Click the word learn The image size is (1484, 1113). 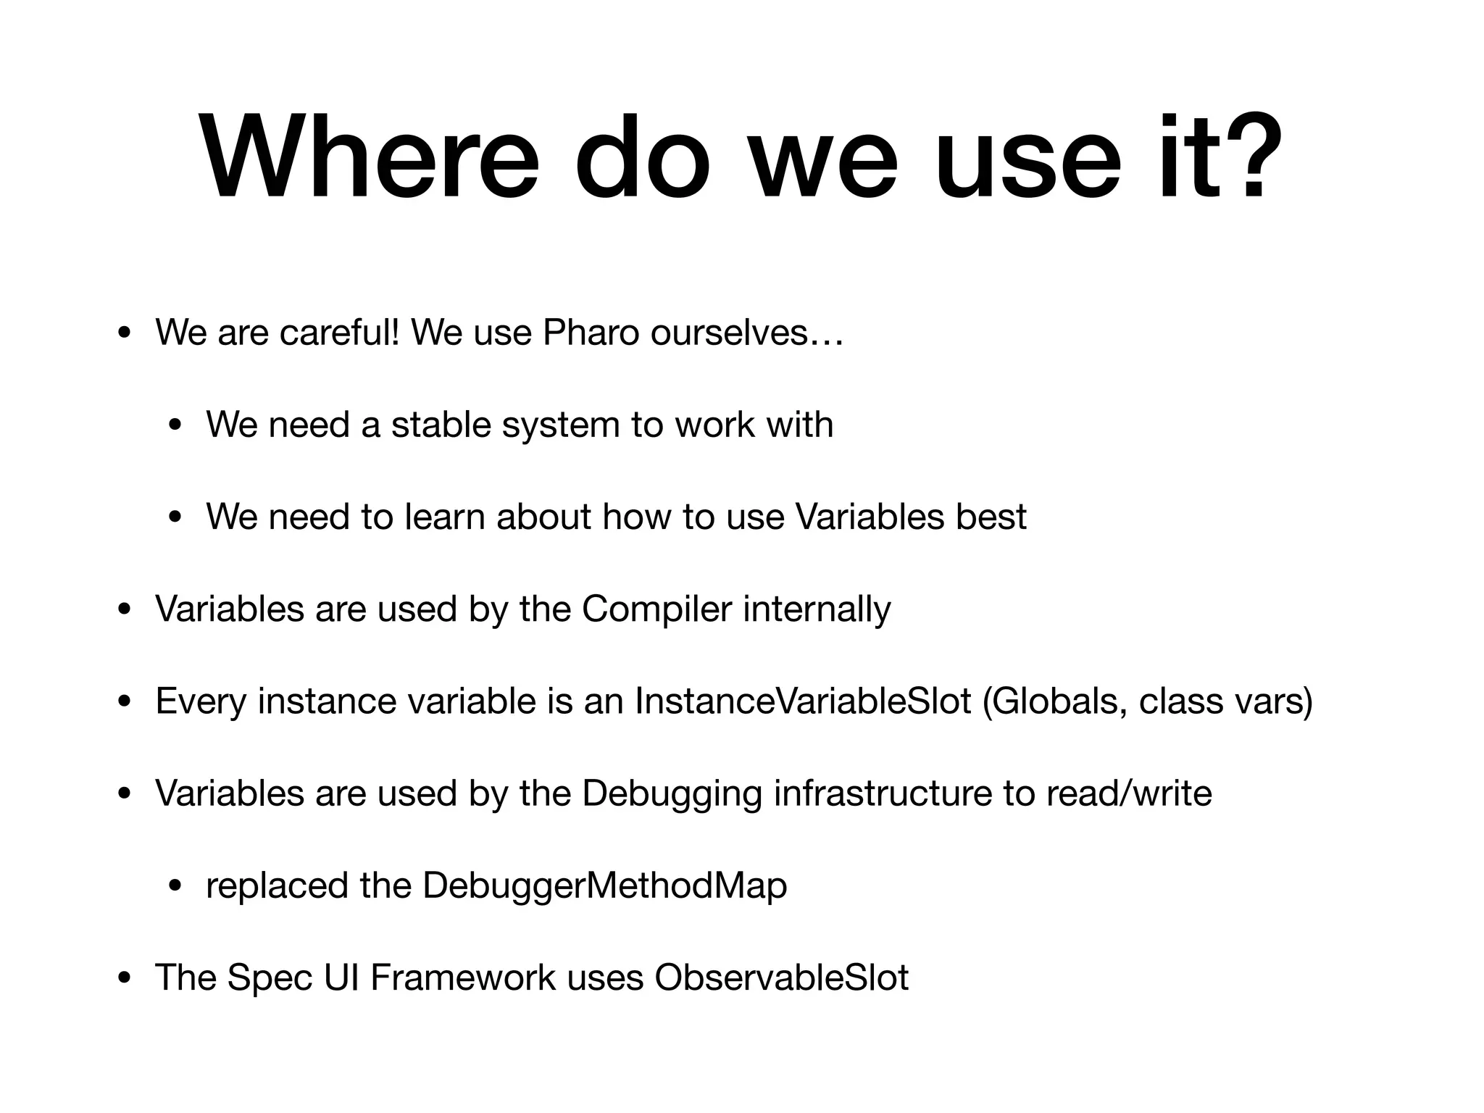click(x=444, y=517)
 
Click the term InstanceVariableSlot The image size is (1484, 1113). click(x=803, y=701)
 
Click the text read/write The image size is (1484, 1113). click(x=1129, y=793)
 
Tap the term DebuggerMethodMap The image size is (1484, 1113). click(x=604, y=886)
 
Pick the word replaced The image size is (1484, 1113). click(x=277, y=886)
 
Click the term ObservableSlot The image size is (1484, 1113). click(x=781, y=978)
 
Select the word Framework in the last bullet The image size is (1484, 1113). click(x=463, y=978)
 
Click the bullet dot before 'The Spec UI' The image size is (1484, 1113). click(x=125, y=980)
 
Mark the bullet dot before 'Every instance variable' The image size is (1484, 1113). click(x=125, y=703)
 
